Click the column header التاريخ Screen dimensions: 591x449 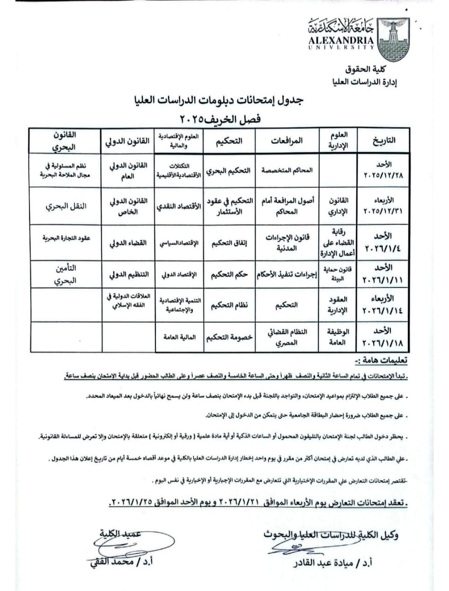coord(383,140)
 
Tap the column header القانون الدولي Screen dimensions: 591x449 coord(128,141)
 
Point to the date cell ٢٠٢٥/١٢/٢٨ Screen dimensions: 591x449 coord(383,170)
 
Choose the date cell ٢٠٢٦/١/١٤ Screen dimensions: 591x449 coord(383,305)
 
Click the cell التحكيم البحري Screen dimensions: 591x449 coord(229,170)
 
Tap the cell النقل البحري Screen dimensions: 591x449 coord(66,206)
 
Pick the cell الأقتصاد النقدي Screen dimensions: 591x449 coord(179,206)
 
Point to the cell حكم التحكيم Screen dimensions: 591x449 coord(229,275)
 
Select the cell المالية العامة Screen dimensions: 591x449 coord(179,337)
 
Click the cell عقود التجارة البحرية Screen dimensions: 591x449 coord(66,238)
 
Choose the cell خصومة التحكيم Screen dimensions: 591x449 coord(229,337)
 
